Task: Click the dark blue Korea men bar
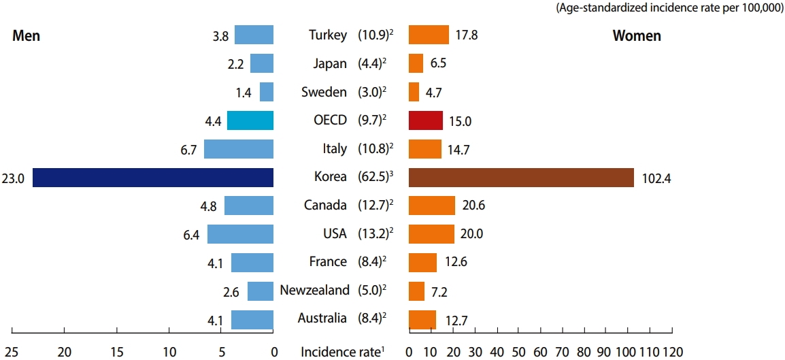click(153, 178)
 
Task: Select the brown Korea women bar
click(521, 178)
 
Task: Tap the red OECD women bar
click(425, 120)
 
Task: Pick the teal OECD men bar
click(250, 120)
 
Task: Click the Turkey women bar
click(429, 35)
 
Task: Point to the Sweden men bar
click(267, 92)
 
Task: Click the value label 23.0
click(14, 178)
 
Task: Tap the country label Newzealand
click(314, 291)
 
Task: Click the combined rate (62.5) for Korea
click(372, 178)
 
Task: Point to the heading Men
click(27, 36)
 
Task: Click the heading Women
click(637, 36)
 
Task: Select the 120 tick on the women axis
click(672, 352)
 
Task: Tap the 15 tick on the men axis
click(117, 352)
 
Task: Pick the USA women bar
click(431, 234)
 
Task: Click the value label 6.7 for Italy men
click(188, 149)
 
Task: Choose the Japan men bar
click(262, 63)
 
